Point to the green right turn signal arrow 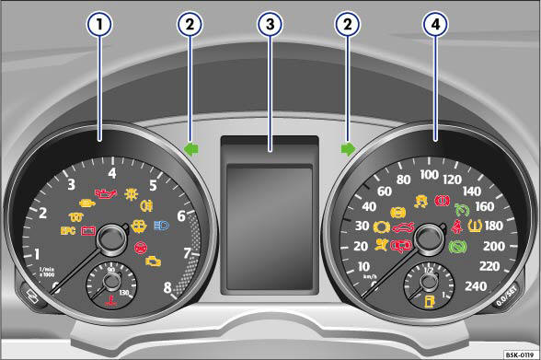[x=347, y=145]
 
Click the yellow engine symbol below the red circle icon [x=153, y=261]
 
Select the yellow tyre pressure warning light [x=477, y=225]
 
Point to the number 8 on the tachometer [x=167, y=287]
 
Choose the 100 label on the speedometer [x=429, y=174]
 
